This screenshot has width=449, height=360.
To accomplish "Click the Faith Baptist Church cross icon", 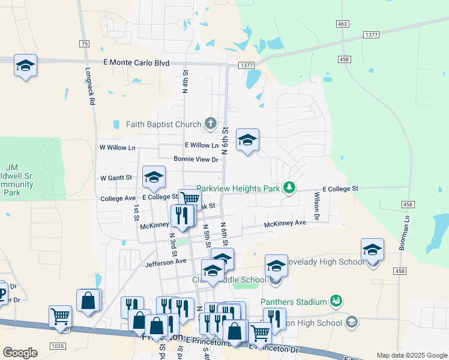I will pos(210,124).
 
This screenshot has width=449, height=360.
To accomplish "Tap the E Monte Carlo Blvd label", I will pos(136,63).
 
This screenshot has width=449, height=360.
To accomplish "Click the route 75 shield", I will pos(84,44).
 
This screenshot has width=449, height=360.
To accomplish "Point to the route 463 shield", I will pos(342,24).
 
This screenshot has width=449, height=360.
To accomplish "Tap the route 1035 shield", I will pos(58,346).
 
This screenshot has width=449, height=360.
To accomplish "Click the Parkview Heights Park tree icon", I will pos(290,188).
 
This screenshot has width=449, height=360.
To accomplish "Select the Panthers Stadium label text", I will pos(294,302).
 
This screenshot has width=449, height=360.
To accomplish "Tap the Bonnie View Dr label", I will pos(196,159).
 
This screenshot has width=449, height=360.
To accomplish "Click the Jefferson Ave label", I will pos(166,262).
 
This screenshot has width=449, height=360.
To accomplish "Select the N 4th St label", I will pos(185,80).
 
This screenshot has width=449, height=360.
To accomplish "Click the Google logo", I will pos(20,353).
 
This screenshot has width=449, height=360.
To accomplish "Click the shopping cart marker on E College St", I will pos(190,199).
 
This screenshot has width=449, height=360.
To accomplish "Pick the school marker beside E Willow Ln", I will pos(247,140).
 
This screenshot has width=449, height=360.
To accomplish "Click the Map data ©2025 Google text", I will pos(411,355).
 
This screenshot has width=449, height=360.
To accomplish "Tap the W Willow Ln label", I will pos(118,148).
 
